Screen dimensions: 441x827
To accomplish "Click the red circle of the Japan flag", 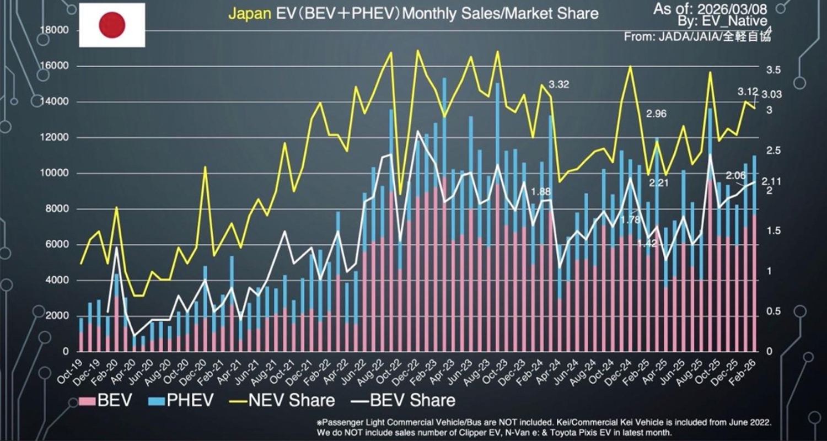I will [112, 25].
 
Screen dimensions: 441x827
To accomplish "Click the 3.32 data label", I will [559, 85].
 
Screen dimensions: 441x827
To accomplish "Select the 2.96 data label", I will [657, 114].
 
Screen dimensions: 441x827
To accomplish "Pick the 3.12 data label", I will [748, 92].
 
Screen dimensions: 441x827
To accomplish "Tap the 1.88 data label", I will [540, 192].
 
